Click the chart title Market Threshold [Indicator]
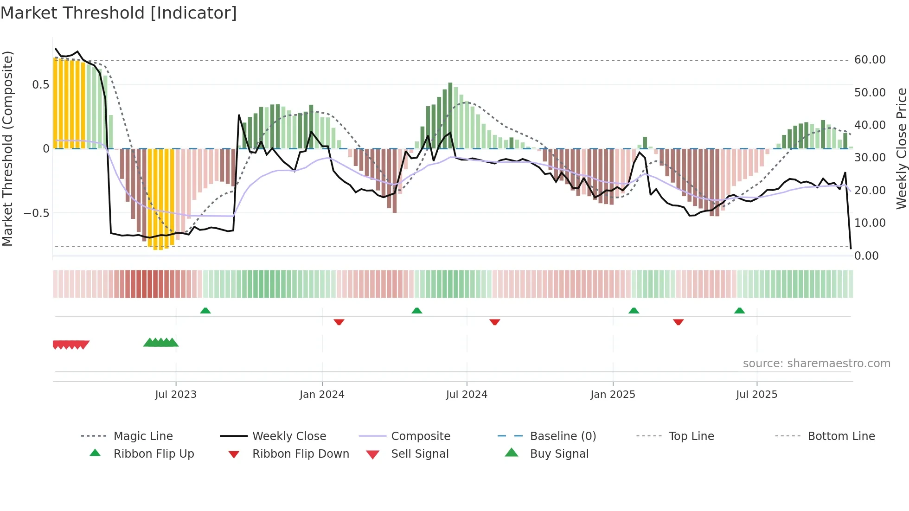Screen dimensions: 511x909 [x=119, y=13]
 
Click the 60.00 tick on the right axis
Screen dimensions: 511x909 [x=870, y=60]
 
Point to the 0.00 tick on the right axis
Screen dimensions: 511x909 [x=866, y=256]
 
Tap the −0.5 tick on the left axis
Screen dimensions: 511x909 [x=36, y=213]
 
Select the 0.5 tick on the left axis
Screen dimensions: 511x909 [x=40, y=85]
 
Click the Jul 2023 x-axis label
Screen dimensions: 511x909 [x=176, y=395]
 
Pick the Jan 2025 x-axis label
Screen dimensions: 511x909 [x=613, y=395]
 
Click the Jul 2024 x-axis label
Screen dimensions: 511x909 [x=467, y=395]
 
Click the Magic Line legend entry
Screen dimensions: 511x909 [x=143, y=436]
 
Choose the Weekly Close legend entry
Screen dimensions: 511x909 [x=289, y=436]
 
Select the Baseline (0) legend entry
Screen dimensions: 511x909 [x=563, y=436]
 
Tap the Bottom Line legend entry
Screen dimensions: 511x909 [x=841, y=436]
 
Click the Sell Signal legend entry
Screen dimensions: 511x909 [x=420, y=454]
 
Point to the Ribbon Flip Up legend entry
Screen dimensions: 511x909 [x=154, y=454]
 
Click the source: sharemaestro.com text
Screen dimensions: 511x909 [x=816, y=364]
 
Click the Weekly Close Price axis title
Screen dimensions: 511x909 [x=901, y=148]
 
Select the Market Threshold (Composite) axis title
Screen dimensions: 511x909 [x=7, y=148]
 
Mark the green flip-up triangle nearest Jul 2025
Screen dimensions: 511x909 [x=739, y=311]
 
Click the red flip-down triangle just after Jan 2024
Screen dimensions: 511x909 [x=339, y=322]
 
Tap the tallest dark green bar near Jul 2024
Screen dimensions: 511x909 [x=450, y=116]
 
